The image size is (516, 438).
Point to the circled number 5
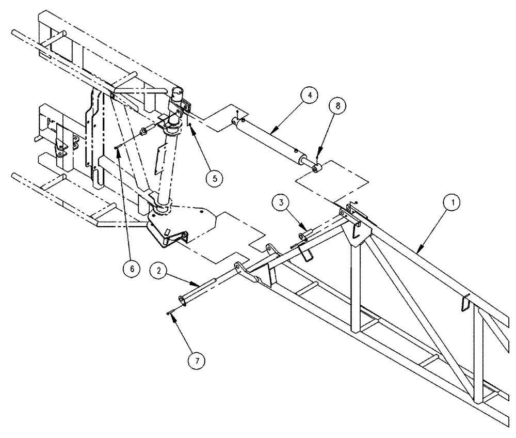coord(213,178)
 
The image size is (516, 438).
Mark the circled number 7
coord(195,359)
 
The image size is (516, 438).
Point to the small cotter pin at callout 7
coord(171,312)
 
